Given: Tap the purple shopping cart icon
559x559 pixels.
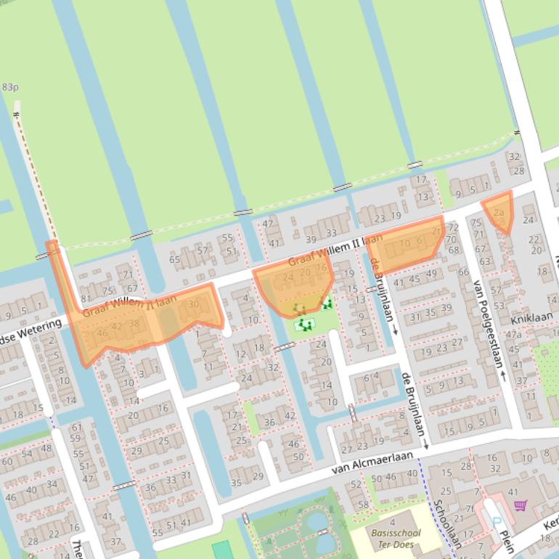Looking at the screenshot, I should tap(519, 505).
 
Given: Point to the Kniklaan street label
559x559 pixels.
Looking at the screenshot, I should tap(531, 318).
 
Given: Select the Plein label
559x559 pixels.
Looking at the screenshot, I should tap(505, 542).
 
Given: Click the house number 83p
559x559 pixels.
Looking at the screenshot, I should tap(10, 87).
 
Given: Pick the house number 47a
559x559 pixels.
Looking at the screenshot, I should tap(514, 335).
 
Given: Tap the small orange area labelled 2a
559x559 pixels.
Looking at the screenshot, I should tap(499, 211).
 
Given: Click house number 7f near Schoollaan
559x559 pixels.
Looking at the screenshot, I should tap(470, 509).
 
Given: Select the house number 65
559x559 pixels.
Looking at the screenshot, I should tap(174, 259).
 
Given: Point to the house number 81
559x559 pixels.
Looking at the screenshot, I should tap(86, 298).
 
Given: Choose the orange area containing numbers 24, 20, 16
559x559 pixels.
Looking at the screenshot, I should tap(294, 287).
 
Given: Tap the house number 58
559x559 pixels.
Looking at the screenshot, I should tap(363, 505).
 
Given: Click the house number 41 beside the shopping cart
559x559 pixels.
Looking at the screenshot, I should tap(513, 493).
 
